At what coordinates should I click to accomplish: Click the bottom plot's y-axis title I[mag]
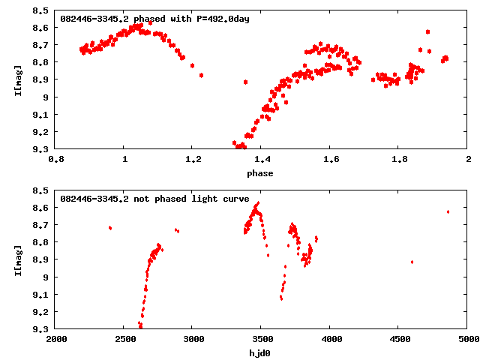(17, 260)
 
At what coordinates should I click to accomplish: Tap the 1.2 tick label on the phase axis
(193, 160)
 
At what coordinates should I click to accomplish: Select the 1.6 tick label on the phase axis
(331, 160)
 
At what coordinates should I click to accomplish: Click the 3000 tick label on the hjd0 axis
(193, 340)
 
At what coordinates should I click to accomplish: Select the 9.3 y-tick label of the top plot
(41, 149)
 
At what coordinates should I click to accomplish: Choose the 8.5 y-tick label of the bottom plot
(41, 191)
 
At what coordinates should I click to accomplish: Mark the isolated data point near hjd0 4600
(412, 262)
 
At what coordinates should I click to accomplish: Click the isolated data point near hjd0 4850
(448, 211)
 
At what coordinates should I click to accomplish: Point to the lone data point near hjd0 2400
(110, 228)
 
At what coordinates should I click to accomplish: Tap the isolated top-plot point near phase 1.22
(202, 75)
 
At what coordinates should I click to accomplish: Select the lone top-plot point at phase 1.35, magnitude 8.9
(245, 81)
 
